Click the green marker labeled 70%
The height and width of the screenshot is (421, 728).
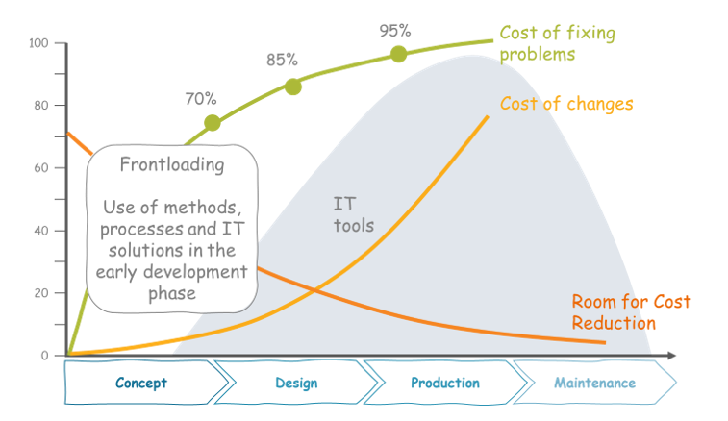[x=213, y=123]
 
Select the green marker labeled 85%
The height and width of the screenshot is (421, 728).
[x=293, y=87]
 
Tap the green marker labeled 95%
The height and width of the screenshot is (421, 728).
[x=398, y=54]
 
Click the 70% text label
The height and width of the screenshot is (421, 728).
[x=201, y=98]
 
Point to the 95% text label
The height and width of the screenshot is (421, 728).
[x=395, y=30]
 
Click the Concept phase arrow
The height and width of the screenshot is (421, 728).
[x=142, y=383]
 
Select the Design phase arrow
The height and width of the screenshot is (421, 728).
[x=295, y=383]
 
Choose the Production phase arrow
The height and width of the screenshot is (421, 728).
[x=444, y=383]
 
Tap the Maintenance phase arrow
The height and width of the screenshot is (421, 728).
[x=593, y=383]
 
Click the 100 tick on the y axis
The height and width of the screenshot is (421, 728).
[x=39, y=43]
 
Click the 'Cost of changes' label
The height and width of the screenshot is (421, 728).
[x=566, y=103]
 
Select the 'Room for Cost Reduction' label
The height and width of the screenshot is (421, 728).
[x=630, y=312]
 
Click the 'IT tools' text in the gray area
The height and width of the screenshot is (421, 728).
[x=353, y=214]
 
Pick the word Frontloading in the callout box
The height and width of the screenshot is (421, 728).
[x=172, y=164]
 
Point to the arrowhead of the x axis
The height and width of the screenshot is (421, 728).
[x=670, y=356]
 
